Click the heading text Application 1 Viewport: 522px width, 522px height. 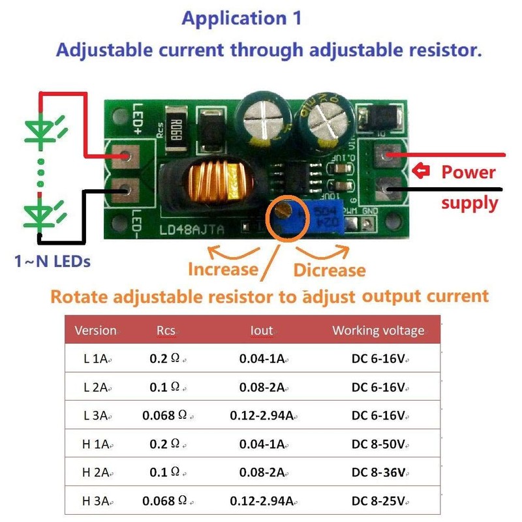pos(241,18)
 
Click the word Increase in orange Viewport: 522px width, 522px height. pos(223,269)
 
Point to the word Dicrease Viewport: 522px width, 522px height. pos(330,269)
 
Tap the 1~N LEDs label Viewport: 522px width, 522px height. pos(52,262)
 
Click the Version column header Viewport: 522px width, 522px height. pos(95,330)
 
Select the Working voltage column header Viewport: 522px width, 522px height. pos(378,330)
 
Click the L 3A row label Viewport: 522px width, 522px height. pos(95,415)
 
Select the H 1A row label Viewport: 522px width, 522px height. pos(95,444)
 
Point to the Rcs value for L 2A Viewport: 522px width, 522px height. pos(164,386)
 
